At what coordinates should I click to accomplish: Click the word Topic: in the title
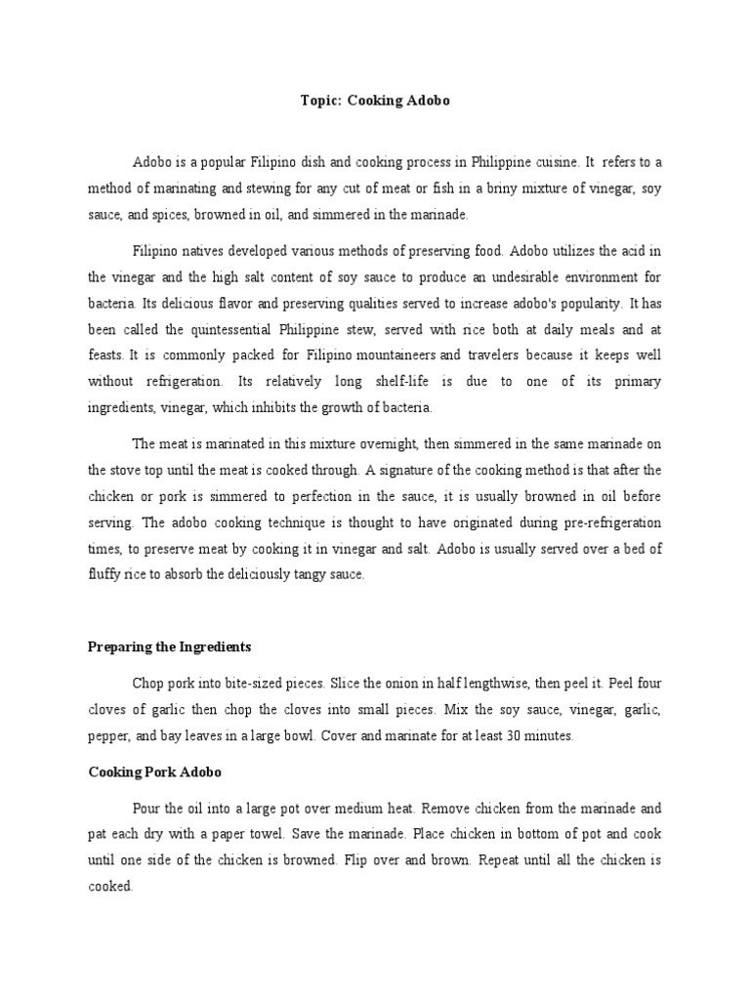point(318,102)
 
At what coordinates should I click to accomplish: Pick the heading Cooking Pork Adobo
point(155,771)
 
